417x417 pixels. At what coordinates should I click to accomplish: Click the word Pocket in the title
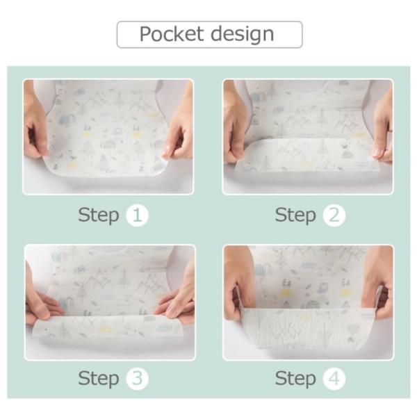pyautogui.click(x=171, y=34)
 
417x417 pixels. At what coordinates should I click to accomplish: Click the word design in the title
pyautogui.click(x=243, y=35)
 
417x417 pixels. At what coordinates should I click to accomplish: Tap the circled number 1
pyautogui.click(x=137, y=215)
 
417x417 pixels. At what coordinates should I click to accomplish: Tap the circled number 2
pyautogui.click(x=334, y=215)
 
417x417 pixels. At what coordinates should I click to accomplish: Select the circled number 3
pyautogui.click(x=137, y=378)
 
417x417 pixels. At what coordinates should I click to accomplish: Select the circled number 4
pyautogui.click(x=334, y=378)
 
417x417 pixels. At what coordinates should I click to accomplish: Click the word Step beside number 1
pyautogui.click(x=99, y=215)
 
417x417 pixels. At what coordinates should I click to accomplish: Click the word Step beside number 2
pyautogui.click(x=295, y=215)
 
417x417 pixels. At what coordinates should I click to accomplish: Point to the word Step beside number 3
pyautogui.click(x=99, y=379)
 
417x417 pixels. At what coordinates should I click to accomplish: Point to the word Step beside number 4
pyautogui.click(x=295, y=379)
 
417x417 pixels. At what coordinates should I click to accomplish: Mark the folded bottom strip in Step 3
pyautogui.click(x=108, y=327)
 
